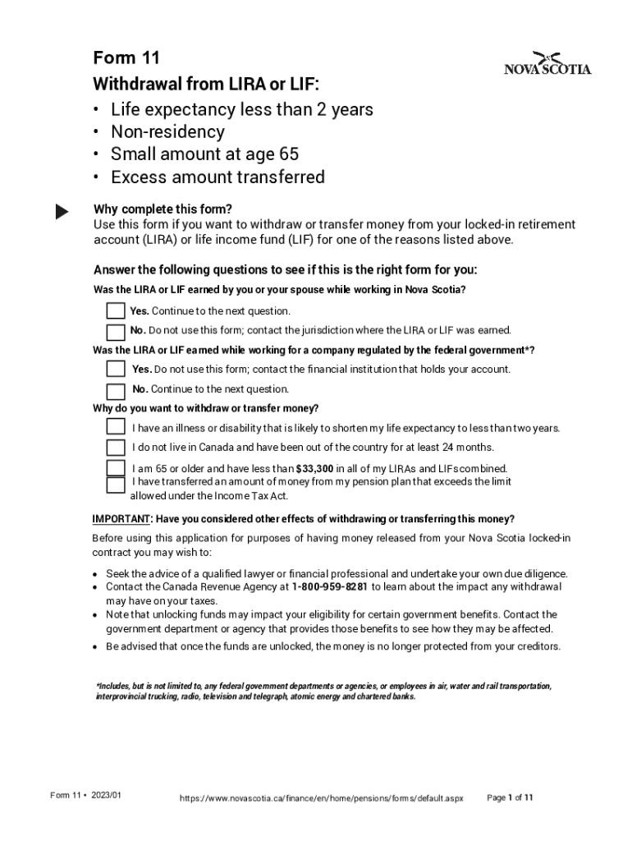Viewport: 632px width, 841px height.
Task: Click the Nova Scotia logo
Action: click(x=547, y=63)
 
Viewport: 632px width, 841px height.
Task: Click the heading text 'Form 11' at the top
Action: click(x=126, y=58)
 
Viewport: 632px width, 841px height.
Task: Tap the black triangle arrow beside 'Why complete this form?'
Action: click(x=62, y=212)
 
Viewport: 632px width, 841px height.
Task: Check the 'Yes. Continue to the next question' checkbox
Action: click(x=116, y=311)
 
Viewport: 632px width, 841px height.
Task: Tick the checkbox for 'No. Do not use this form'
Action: click(x=116, y=331)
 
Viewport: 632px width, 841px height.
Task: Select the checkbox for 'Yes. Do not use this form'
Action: click(x=116, y=369)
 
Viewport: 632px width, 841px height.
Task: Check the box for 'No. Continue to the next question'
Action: click(x=116, y=389)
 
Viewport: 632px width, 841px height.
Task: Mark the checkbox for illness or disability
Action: click(x=116, y=427)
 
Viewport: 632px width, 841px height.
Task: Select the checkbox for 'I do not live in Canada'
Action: click(x=116, y=448)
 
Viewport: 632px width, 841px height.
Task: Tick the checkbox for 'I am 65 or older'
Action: click(x=116, y=467)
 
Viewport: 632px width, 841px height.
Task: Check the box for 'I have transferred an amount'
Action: click(x=116, y=484)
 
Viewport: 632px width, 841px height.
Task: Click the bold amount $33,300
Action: click(x=314, y=469)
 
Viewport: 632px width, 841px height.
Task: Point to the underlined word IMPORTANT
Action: click(x=121, y=519)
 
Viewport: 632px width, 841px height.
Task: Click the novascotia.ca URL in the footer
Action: click(x=322, y=798)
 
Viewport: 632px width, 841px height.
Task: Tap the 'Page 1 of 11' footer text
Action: click(x=511, y=797)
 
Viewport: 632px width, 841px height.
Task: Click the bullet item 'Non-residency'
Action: click(x=167, y=132)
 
